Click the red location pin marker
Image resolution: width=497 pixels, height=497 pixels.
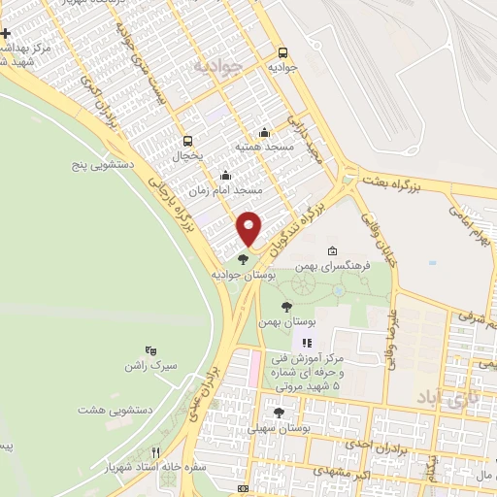(x=249, y=227)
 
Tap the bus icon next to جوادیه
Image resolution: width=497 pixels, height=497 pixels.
(x=282, y=53)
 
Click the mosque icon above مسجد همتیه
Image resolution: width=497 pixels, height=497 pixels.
(x=264, y=133)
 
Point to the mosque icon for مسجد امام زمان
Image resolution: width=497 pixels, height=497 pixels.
(x=226, y=176)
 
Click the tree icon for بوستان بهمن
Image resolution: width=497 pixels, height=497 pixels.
(x=284, y=307)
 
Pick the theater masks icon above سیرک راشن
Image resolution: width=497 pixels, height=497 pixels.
(x=149, y=349)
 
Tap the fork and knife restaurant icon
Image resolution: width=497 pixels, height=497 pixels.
(x=155, y=453)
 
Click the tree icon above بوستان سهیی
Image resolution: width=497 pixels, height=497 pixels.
(x=280, y=413)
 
